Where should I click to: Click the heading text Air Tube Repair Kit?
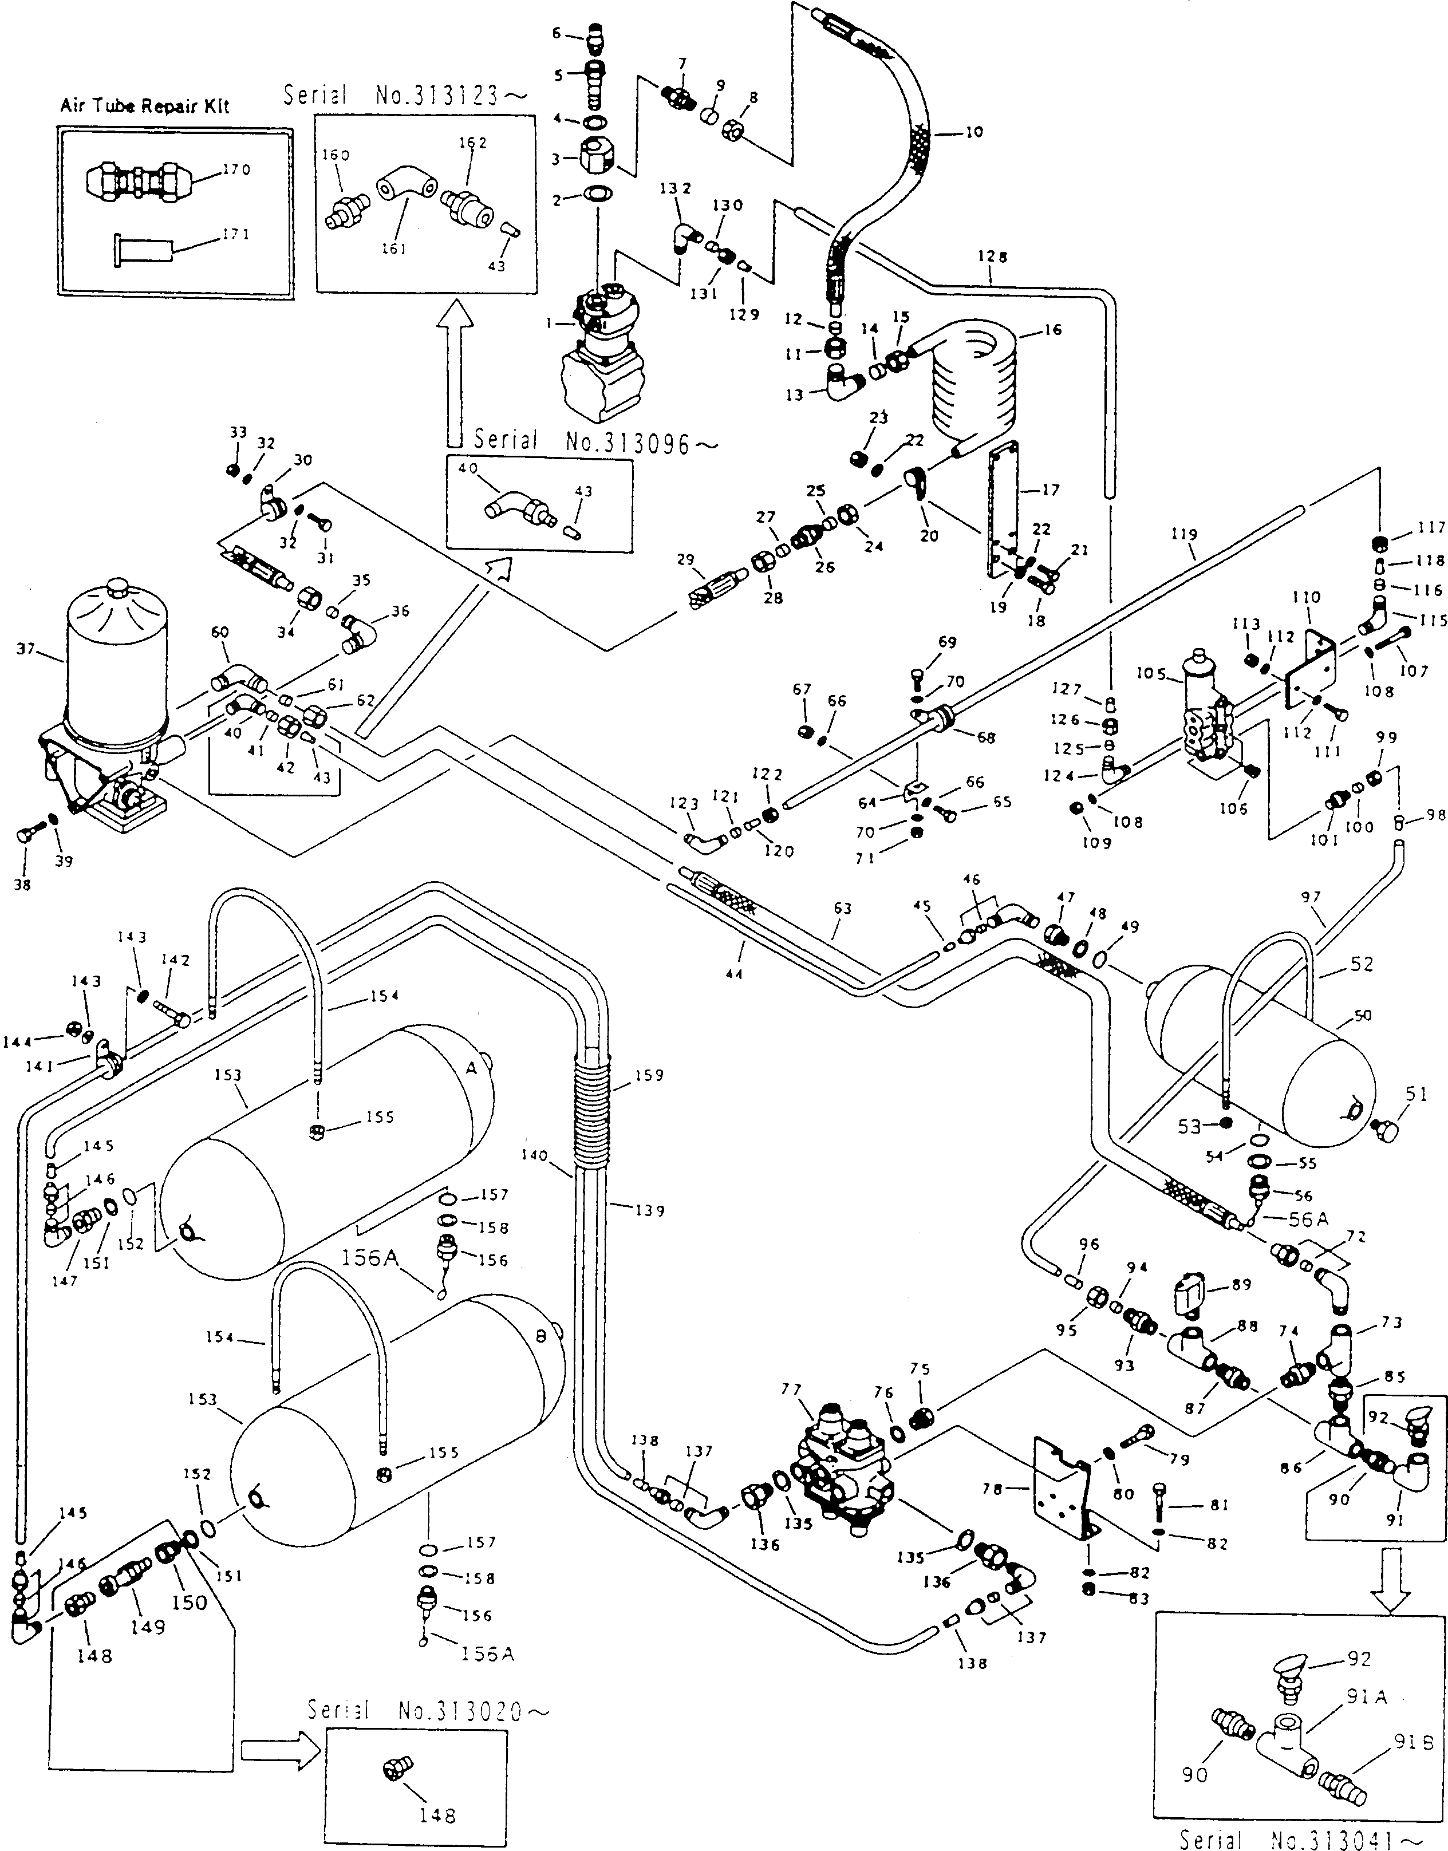tap(144, 106)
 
